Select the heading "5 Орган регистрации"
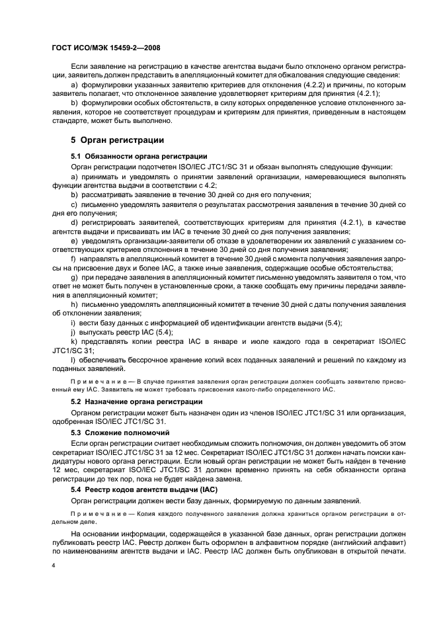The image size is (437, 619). tap(117, 140)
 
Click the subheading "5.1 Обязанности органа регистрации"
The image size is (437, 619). tap(138, 155)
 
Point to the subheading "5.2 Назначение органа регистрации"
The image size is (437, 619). tap(136, 401)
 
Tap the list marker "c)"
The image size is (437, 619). tap(73, 206)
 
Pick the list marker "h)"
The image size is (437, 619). tap(73, 304)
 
